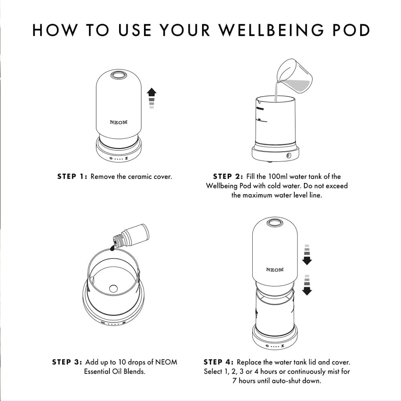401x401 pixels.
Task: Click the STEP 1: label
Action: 73,176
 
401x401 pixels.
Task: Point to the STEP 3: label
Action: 67,362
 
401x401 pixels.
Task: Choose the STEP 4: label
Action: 219,362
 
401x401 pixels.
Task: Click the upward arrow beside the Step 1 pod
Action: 152,98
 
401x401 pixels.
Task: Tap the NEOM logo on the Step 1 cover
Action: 119,122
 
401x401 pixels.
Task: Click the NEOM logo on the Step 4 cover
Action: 275,270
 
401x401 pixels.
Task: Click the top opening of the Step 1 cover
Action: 119,75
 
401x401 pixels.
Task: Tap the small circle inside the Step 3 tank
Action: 113,288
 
